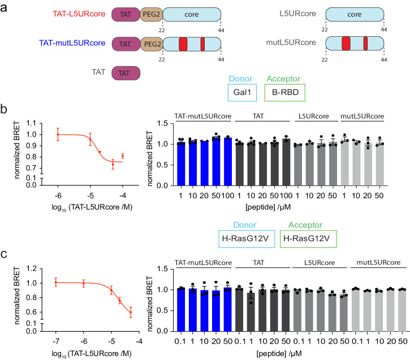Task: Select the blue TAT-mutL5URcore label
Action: [72, 42]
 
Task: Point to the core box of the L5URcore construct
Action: [355, 14]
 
